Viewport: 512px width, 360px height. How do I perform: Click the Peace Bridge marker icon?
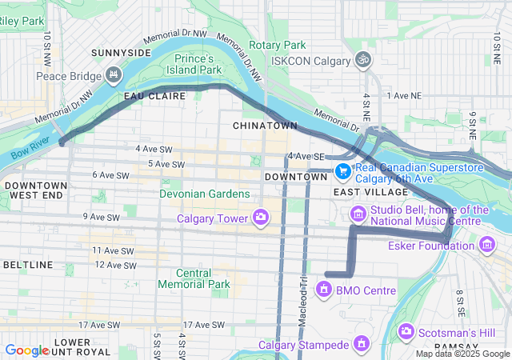point(114,76)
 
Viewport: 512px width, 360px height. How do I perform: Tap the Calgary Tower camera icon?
point(260,218)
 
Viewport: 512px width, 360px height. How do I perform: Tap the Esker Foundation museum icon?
point(486,245)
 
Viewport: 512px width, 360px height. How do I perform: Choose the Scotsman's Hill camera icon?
point(406,330)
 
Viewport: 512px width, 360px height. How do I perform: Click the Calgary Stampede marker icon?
point(362,345)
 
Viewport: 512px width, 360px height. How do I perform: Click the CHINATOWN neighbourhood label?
point(265,126)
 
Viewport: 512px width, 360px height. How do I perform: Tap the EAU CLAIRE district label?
point(154,96)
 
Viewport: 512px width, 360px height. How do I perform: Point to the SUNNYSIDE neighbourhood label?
point(121,53)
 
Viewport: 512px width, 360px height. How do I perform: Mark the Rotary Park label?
point(278,46)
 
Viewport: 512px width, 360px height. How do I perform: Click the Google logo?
point(27,350)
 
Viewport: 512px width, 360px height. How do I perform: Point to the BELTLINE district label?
point(28,264)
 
